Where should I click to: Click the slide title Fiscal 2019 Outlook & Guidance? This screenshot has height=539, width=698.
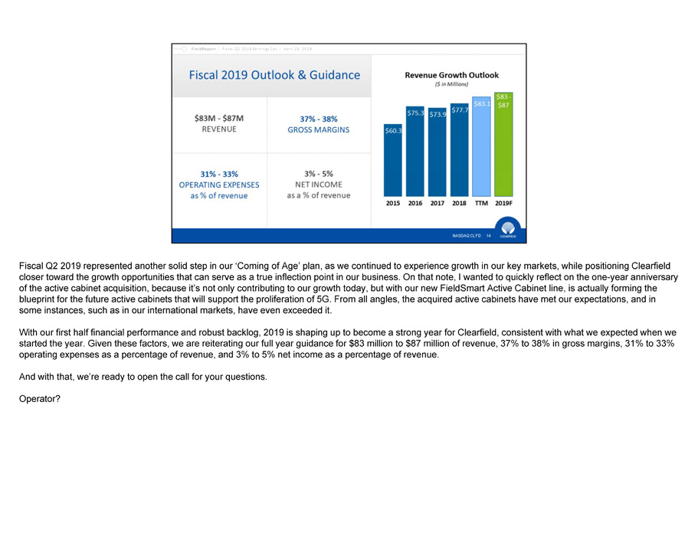coord(274,75)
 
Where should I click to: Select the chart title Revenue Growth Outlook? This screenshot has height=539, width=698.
coord(451,75)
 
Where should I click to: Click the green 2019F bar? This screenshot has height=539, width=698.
coord(503,149)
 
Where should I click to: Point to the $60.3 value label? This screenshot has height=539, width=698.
coord(393,131)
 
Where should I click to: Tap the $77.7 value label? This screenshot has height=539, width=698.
coord(460,111)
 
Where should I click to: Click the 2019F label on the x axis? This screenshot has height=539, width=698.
coord(503,204)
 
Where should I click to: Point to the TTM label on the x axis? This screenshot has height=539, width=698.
coord(482,204)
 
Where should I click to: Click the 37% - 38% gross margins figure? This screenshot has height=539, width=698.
coord(318,119)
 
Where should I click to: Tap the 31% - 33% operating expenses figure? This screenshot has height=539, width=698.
coord(219,174)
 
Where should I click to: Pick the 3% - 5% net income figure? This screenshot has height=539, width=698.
coord(318,174)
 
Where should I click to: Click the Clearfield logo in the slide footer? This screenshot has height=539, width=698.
coord(509,229)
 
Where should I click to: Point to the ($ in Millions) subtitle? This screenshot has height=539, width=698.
coord(451,86)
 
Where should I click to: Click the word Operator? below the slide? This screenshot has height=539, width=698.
coord(40,397)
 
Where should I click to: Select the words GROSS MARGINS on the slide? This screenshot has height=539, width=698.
coord(318,130)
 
